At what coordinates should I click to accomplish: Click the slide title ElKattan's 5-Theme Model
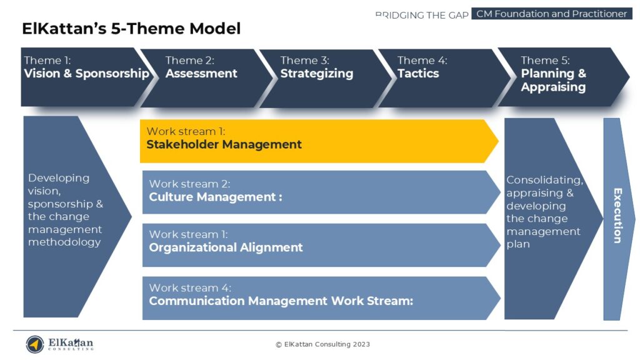[x=131, y=29]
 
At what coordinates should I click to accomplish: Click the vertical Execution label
[x=617, y=216]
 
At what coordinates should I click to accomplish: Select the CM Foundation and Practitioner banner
[x=551, y=14]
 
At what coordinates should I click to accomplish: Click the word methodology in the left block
[x=64, y=242]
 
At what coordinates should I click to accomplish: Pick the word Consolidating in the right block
[x=544, y=181]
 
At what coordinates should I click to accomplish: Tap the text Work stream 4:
[x=190, y=288]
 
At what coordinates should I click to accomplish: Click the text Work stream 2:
[x=189, y=184]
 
